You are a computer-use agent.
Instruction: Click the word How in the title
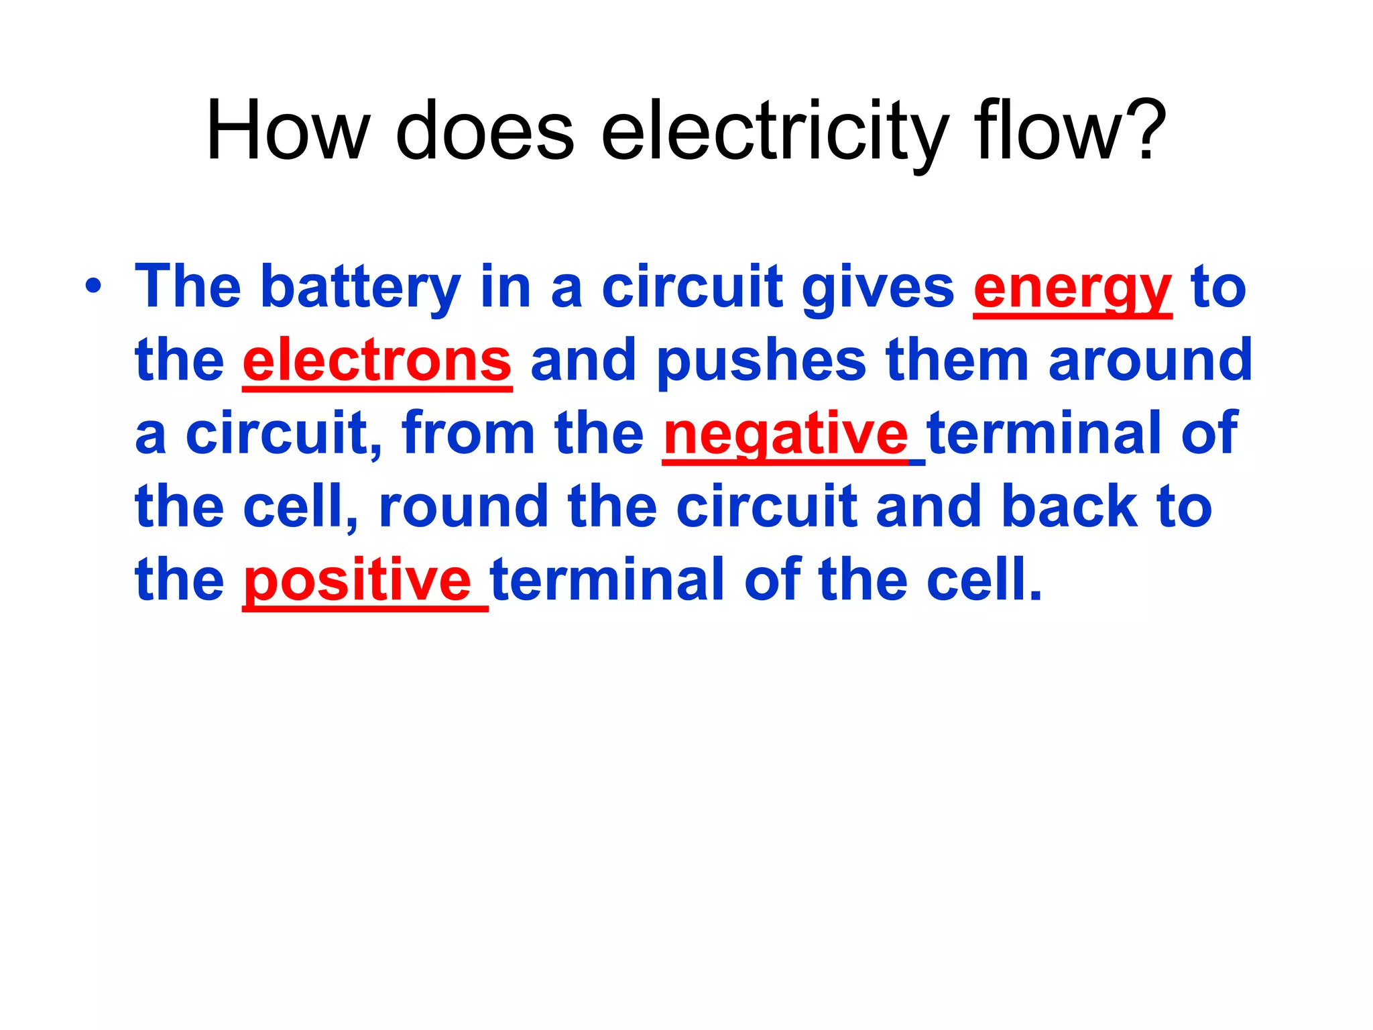288,131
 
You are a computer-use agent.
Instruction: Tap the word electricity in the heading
775,131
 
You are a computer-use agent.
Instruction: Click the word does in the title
485,131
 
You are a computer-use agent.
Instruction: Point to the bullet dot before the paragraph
94,286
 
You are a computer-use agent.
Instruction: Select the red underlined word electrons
377,361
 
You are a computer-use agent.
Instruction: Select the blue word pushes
762,361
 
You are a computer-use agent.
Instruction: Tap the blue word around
1150,361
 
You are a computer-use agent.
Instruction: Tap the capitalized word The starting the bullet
188,287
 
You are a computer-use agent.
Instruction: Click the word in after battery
506,287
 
